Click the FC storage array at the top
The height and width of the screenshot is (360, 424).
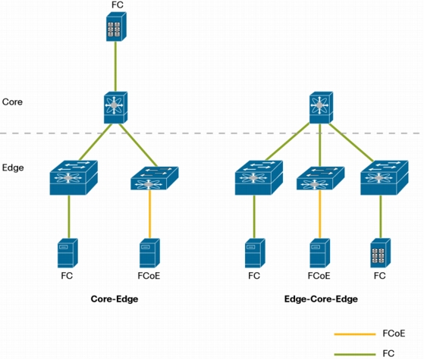pos(116,27)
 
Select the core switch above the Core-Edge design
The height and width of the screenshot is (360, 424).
pos(116,108)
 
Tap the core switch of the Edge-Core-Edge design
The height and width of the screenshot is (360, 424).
pos(321,108)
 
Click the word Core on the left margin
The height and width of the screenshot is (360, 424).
pos(12,102)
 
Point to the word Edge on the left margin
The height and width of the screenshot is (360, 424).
pos(13,167)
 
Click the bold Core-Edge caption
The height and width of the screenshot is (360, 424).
pos(115,299)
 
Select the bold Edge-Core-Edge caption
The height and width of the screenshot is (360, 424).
pos(321,299)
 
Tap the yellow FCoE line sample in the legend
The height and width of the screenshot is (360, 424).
pos(355,334)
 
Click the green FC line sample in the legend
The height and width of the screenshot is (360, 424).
pos(355,354)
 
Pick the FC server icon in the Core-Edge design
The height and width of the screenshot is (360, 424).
pos(68,253)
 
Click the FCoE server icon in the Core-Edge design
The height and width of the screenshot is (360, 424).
pos(149,253)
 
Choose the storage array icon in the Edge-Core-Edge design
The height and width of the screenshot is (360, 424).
pos(381,253)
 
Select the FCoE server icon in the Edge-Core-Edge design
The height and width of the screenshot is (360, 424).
pos(319,253)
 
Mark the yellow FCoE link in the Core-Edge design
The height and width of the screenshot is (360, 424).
pos(150,214)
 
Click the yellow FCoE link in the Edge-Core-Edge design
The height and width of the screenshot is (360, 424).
pos(320,214)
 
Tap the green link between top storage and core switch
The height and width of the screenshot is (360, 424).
pos(116,67)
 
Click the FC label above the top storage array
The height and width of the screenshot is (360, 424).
pos(118,5)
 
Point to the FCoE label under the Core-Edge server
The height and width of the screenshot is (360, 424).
pos(149,276)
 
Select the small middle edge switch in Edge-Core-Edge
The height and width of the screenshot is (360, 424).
pos(320,178)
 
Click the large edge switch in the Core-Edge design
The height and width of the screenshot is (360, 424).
pos(74,177)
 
